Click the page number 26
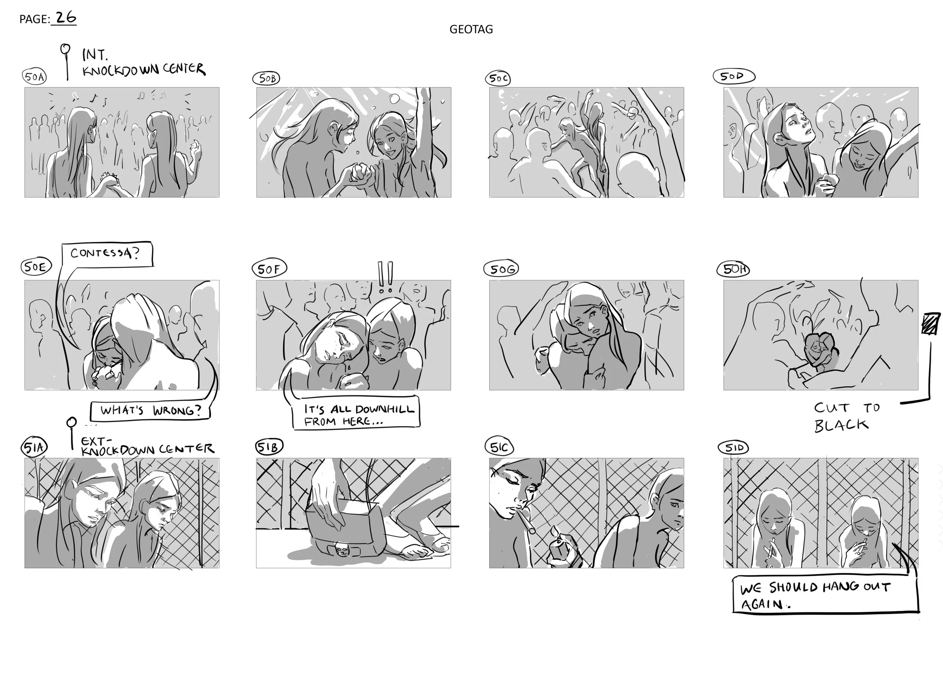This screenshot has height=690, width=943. point(66,18)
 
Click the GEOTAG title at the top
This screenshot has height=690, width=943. point(471,29)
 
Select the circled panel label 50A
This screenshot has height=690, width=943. point(34,77)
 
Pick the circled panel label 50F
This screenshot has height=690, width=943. point(269,269)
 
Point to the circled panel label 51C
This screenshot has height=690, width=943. point(499,447)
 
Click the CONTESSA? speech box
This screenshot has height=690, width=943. point(107,254)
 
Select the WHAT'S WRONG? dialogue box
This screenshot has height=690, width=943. point(150,411)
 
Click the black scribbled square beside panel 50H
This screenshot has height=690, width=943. point(931,324)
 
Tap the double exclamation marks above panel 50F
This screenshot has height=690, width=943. point(385,277)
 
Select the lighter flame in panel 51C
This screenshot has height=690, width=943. point(554,531)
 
